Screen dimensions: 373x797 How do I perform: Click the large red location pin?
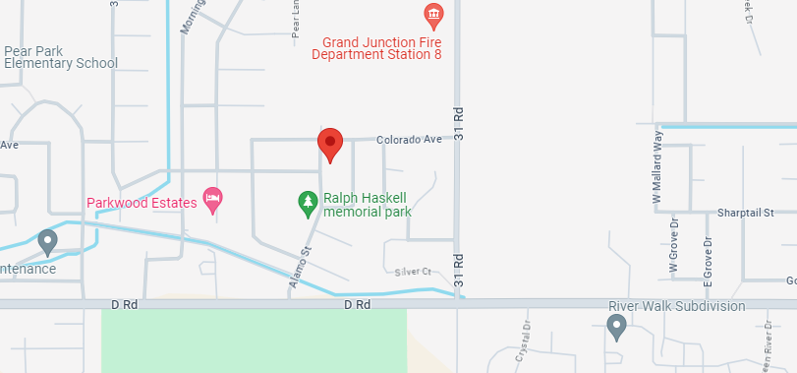(x=330, y=144)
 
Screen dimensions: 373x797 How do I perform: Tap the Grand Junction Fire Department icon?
(x=432, y=15)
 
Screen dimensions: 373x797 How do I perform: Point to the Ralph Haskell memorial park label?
(x=367, y=204)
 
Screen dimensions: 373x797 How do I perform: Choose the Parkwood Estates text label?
(x=141, y=203)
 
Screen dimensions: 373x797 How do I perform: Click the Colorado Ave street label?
(x=409, y=140)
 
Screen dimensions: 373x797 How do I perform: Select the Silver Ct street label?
(x=413, y=271)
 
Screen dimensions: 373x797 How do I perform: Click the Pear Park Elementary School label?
(x=60, y=57)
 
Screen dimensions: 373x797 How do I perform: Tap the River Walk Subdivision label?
(x=677, y=306)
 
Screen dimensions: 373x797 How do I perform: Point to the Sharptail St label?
(x=746, y=213)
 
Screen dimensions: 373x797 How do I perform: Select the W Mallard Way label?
(x=658, y=167)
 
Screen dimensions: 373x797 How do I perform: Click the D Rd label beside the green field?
(x=357, y=305)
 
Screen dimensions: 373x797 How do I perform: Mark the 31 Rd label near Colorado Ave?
(x=458, y=125)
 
